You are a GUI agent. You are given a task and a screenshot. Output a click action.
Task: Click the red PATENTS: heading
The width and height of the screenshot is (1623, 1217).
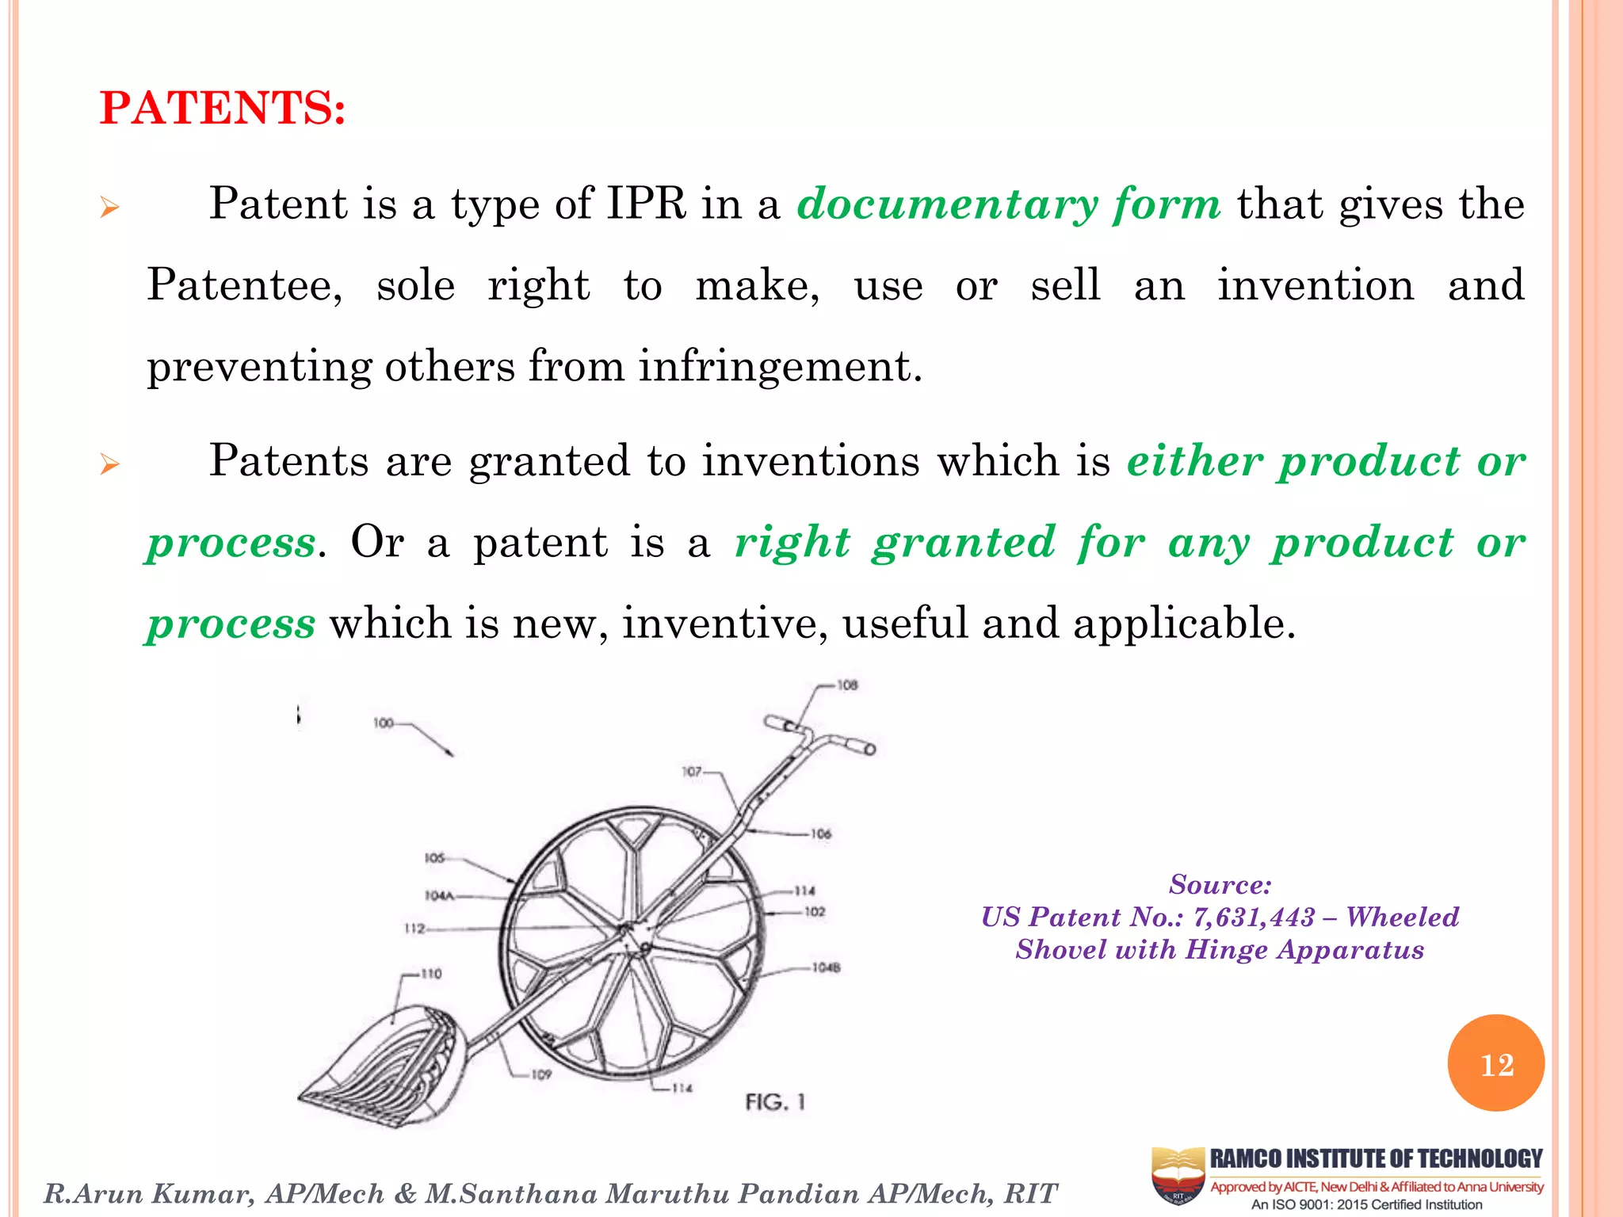[x=223, y=108]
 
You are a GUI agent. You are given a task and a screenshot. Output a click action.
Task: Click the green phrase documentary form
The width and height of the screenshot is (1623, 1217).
[x=1009, y=204]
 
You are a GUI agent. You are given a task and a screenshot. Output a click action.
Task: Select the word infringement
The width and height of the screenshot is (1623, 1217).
[x=781, y=367]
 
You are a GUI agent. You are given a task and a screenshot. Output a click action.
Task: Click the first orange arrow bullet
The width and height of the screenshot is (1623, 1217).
[x=110, y=208]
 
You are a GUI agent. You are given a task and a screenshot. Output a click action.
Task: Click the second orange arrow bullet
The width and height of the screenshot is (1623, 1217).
[x=110, y=464]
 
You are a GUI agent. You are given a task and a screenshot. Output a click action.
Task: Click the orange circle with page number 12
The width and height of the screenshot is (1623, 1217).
[x=1495, y=1064]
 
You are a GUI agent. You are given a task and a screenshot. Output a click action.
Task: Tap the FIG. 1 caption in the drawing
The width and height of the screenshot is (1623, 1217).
[x=775, y=1102]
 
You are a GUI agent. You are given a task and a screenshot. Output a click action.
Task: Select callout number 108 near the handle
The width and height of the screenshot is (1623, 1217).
[x=847, y=685]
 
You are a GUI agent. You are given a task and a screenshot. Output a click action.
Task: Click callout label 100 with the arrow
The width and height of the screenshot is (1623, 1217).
[x=384, y=723]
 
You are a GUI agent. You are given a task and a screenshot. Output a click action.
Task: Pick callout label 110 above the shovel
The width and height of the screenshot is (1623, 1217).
[x=430, y=974]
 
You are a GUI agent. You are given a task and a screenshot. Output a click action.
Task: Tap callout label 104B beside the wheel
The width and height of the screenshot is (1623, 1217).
[x=826, y=967]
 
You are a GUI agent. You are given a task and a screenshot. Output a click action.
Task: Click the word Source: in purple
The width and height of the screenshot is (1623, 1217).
[x=1220, y=884]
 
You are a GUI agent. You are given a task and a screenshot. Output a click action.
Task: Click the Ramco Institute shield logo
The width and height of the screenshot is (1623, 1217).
[x=1178, y=1177]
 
